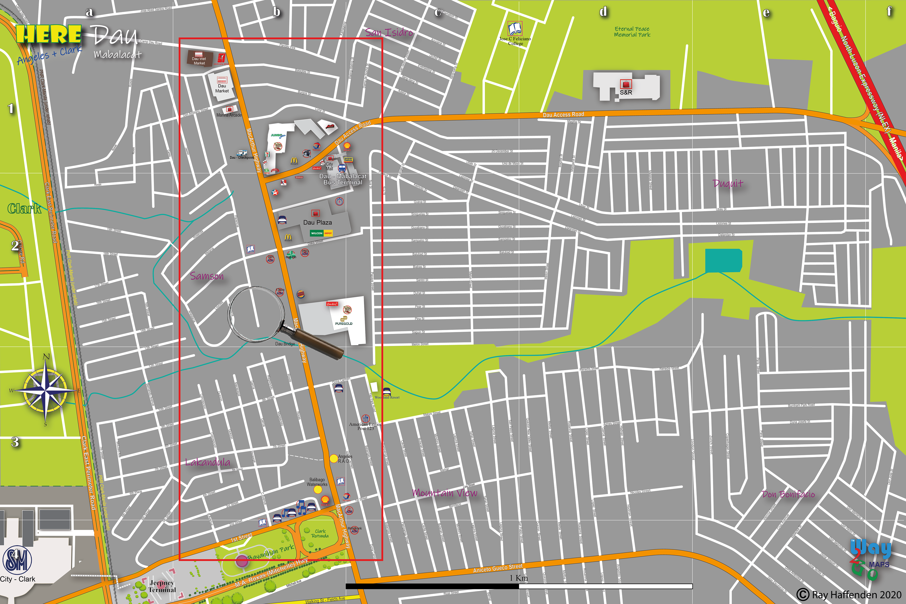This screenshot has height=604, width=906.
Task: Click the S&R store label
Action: click(x=626, y=93)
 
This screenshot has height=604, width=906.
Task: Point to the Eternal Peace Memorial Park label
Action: click(x=632, y=32)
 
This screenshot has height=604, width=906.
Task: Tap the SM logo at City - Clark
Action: click(x=17, y=561)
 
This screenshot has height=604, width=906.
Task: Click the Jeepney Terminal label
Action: click(x=162, y=586)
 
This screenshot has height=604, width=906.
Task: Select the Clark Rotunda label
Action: click(x=320, y=533)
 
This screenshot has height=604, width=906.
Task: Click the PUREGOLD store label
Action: click(x=344, y=323)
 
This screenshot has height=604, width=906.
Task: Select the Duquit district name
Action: click(x=728, y=183)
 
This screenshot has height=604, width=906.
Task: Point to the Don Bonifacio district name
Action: click(x=788, y=494)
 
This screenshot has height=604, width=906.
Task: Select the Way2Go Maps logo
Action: click(x=871, y=558)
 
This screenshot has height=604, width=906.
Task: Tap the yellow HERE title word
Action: click(x=49, y=34)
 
